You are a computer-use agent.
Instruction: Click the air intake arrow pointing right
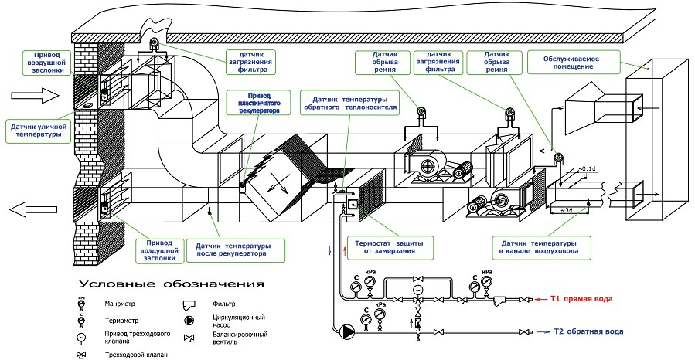(x=36, y=96)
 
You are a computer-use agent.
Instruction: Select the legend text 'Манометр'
(x=115, y=304)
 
